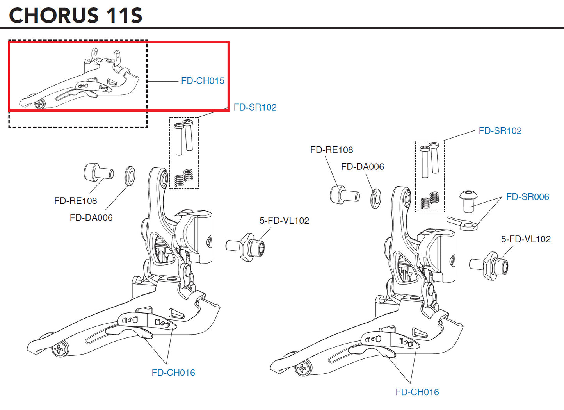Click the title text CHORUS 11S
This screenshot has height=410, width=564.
pyautogui.click(x=75, y=15)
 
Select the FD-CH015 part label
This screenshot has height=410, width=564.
pyautogui.click(x=203, y=81)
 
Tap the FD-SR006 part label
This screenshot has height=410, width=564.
pyautogui.click(x=527, y=197)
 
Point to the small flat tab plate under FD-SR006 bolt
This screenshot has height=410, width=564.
pyautogui.click(x=462, y=223)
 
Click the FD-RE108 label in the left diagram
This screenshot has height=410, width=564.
pyautogui.click(x=75, y=201)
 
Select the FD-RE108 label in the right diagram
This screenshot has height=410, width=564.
pyautogui.click(x=331, y=150)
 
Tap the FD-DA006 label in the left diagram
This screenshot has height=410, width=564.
pyautogui.click(x=91, y=217)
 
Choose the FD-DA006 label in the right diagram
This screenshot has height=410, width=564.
pyautogui.click(x=362, y=167)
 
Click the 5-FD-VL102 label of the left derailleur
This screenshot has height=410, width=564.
pyautogui.click(x=284, y=221)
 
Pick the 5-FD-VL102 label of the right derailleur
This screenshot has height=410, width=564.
pyautogui.click(x=526, y=239)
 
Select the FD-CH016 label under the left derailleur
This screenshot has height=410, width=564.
pyautogui.click(x=173, y=373)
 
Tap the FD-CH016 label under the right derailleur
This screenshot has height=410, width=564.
pyautogui.click(x=417, y=392)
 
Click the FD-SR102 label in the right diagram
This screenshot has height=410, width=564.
pyautogui.click(x=500, y=131)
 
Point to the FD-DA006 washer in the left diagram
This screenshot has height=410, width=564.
pyautogui.click(x=130, y=175)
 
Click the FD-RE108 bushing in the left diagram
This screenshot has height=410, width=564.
pyautogui.click(x=98, y=172)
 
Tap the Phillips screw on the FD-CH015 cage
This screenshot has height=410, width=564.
pyautogui.click(x=39, y=104)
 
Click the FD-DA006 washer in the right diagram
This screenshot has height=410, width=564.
pyautogui.click(x=375, y=198)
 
